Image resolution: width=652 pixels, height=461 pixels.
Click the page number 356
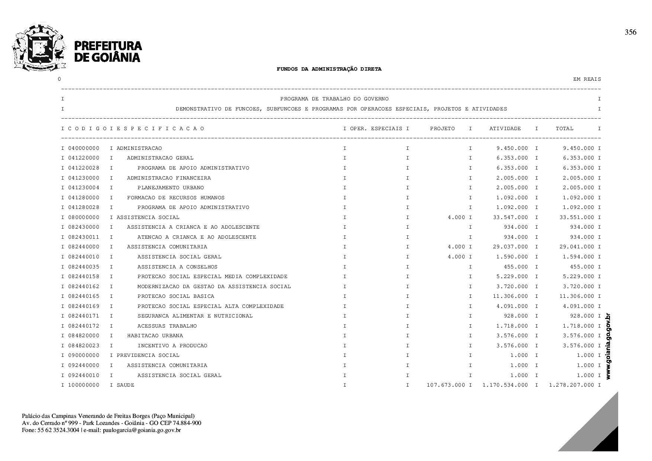630,32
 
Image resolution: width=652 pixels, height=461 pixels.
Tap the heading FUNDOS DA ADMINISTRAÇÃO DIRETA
329,69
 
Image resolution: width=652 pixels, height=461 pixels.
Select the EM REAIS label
587,79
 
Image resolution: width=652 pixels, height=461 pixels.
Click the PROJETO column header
442,129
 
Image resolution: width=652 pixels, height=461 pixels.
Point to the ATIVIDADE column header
505,129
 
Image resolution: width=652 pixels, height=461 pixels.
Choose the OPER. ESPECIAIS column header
376,129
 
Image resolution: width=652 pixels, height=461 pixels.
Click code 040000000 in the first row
84,148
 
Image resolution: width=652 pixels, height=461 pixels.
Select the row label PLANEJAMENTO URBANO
170,188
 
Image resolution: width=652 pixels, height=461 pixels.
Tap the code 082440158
84,277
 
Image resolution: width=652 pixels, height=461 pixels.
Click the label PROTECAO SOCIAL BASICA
175,296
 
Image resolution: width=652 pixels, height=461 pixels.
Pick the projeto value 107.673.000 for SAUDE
446,385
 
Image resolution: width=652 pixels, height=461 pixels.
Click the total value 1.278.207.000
571,385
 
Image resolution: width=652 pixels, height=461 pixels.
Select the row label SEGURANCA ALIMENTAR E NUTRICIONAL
195,316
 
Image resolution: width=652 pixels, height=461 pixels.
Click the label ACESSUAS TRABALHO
167,326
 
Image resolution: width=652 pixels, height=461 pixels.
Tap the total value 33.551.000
577,217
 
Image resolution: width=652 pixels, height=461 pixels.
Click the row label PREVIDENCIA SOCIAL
148,355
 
